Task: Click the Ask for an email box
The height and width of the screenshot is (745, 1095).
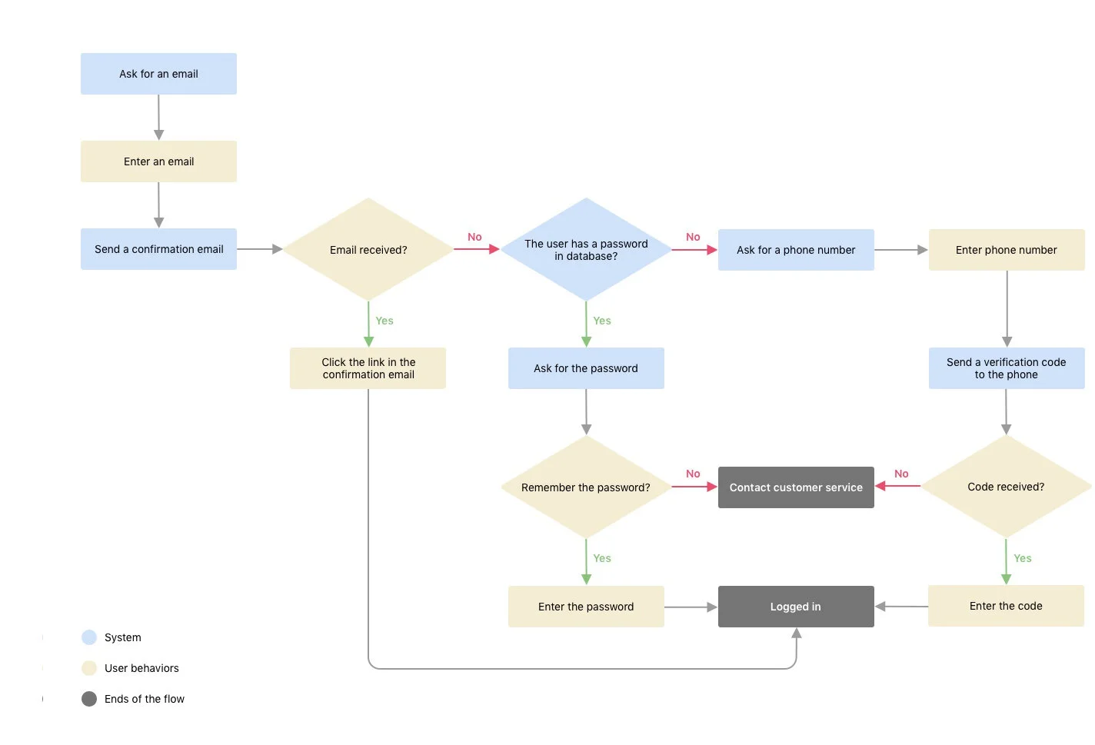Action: click(x=158, y=74)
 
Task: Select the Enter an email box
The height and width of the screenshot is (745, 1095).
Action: click(x=158, y=161)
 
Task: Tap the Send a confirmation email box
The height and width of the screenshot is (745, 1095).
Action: click(x=158, y=249)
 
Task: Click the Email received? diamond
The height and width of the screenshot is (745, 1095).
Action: click(x=368, y=250)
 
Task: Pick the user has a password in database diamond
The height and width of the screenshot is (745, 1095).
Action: click(x=586, y=250)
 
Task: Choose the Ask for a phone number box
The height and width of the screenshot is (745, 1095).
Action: click(x=796, y=250)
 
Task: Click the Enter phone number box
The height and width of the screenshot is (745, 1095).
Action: click(x=1006, y=250)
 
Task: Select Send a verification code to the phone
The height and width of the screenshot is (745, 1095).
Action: click(x=1006, y=368)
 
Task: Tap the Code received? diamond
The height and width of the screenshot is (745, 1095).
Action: click(x=1006, y=487)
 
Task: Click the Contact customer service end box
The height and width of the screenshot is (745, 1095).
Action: click(x=796, y=487)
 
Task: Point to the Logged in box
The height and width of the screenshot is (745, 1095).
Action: click(x=796, y=607)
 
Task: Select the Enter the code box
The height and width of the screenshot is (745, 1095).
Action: click(x=1006, y=606)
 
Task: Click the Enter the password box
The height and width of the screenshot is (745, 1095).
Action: click(x=586, y=607)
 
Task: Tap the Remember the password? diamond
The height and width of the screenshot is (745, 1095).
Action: click(x=586, y=487)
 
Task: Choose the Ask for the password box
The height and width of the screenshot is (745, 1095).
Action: click(x=586, y=368)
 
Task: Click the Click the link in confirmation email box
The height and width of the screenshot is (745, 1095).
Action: click(x=368, y=368)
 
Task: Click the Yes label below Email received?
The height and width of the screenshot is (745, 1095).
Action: click(x=384, y=321)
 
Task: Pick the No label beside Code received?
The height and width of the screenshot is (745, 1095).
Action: click(x=901, y=474)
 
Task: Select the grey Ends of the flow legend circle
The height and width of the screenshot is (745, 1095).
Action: click(x=89, y=699)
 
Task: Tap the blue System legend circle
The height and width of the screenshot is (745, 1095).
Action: click(x=89, y=637)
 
